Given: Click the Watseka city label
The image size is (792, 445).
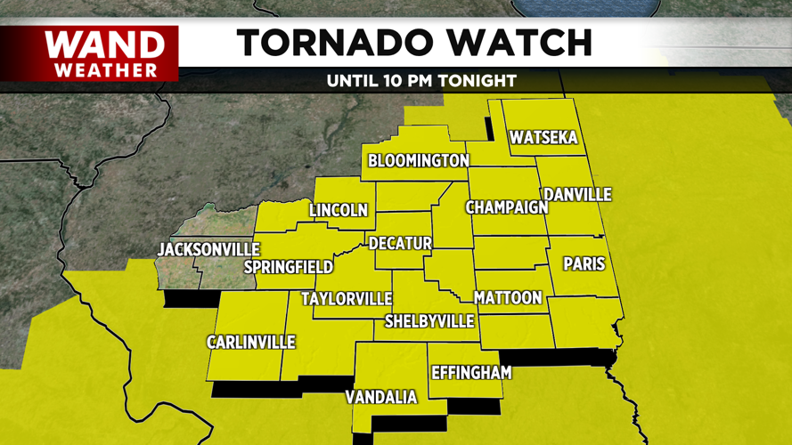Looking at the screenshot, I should tap(543, 138).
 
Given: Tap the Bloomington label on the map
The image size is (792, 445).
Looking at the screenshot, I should tap(419, 161).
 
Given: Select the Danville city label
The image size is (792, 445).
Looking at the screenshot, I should tap(578, 194).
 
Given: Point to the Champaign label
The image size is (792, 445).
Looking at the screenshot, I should tap(506, 207).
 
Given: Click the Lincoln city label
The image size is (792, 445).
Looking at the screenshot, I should tap(339, 211).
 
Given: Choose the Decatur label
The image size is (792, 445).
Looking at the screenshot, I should tap(400, 243).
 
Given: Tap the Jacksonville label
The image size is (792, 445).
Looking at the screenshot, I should tap(208, 249).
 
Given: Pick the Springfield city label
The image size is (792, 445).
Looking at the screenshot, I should tap(289, 267).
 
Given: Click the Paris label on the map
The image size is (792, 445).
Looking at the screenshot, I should tap(584, 264).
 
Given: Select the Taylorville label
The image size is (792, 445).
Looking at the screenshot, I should tap(347, 298).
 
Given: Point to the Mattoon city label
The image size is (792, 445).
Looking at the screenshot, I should tap(508, 297).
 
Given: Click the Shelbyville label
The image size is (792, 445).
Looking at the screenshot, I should tap(429, 321).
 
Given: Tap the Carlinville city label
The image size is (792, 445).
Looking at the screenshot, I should tap(250, 343).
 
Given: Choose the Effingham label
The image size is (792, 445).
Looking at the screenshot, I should tap(470, 373).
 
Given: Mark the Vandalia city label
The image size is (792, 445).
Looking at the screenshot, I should tap(381, 398).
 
